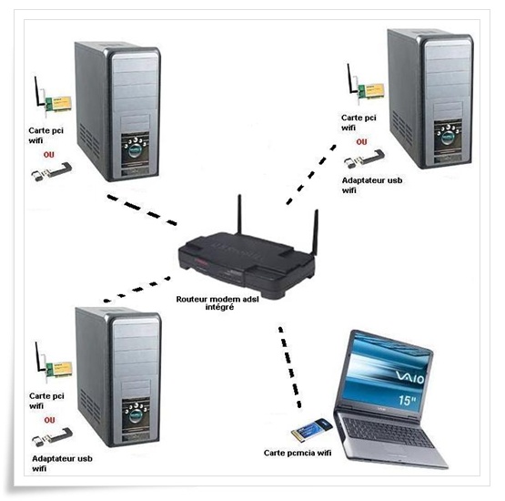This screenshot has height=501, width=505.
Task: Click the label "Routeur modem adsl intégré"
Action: tap(217, 302)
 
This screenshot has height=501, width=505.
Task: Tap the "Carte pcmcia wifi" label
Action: tap(298, 453)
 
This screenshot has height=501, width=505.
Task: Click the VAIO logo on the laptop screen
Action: tap(410, 377)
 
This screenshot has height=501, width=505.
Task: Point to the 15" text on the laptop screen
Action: tap(407, 401)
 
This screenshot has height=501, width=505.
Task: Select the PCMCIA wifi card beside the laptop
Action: tap(312, 429)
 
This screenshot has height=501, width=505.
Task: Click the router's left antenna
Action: tap(239, 214)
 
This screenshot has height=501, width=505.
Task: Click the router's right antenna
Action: tap(316, 232)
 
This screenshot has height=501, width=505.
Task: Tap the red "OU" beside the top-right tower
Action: tap(361, 142)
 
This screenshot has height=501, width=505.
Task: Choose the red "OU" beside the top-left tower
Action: tap(48, 155)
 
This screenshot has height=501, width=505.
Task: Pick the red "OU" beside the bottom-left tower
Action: tap(49, 420)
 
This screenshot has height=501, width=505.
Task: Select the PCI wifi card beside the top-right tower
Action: tap(366, 86)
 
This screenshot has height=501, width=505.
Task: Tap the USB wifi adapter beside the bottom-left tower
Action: tap(52, 437)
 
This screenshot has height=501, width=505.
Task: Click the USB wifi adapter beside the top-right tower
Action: tap(364, 158)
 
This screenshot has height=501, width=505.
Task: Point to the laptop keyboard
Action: tap(388, 433)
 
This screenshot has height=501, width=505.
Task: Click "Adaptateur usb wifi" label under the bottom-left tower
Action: tap(62, 464)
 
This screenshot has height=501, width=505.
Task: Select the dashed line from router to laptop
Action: tap(289, 367)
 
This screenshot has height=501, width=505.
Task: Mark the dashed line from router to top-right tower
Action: tap(311, 175)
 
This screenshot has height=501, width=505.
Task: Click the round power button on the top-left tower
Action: tap(136, 150)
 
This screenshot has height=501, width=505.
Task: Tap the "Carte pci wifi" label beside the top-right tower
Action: tap(359, 122)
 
